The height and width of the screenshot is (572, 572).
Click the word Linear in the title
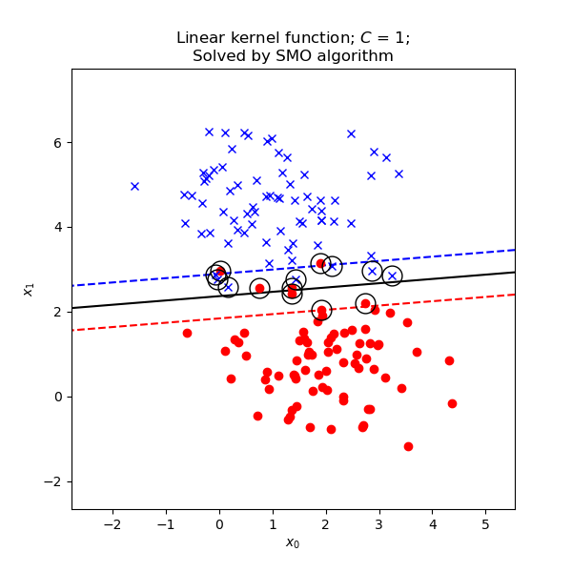click(x=199, y=38)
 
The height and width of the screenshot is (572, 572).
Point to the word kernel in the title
click(x=253, y=38)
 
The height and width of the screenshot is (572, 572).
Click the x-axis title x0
click(x=293, y=543)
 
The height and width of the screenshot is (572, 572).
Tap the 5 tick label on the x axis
click(x=485, y=523)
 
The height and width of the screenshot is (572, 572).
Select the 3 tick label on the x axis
click(x=378, y=523)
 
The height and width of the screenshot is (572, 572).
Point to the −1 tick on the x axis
click(x=165, y=510)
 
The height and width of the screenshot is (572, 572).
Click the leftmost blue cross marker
click(x=134, y=186)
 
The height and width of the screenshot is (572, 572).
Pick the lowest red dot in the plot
click(x=408, y=446)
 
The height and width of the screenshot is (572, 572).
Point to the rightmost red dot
click(x=452, y=403)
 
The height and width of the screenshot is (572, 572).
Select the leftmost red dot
click(x=187, y=333)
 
